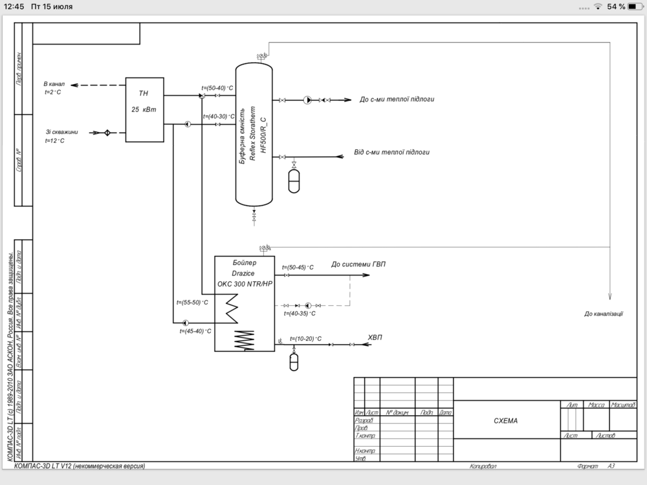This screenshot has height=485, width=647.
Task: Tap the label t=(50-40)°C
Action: coord(217,88)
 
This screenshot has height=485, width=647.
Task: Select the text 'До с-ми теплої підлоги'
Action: coord(397,100)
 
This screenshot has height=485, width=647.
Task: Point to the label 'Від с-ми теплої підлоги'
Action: coord(391,153)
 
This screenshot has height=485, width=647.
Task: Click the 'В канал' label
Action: coord(54,84)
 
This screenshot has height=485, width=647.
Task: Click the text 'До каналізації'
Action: coord(603,314)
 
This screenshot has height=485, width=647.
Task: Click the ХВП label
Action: coord(375,336)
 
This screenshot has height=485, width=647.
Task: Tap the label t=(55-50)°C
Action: coord(192,302)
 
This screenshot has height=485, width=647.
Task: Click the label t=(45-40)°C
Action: coord(196,330)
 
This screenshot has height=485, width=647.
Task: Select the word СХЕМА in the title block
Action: coord(505,420)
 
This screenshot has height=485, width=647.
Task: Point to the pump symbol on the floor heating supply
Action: coord(307,100)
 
